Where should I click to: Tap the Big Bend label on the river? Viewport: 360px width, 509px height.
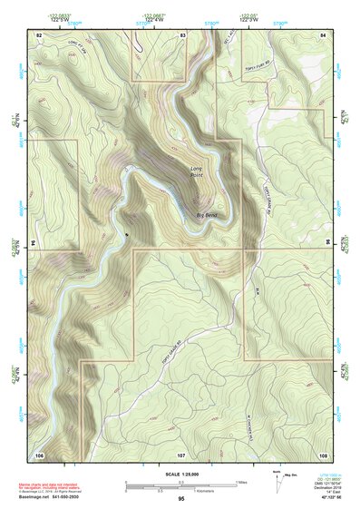tap(208, 214)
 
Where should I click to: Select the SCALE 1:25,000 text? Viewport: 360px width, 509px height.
tap(180, 474)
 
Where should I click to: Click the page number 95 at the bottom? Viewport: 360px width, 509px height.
tap(181, 499)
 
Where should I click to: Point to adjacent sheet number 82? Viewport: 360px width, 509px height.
tap(39, 34)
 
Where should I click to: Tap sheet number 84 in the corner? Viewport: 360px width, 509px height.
tap(324, 34)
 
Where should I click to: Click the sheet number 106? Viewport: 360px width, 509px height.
tap(39, 454)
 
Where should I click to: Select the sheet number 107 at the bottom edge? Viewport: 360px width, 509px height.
tap(181, 454)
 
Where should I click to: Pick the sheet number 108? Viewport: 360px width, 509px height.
tap(324, 454)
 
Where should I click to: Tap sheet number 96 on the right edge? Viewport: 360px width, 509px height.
tap(327, 243)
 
